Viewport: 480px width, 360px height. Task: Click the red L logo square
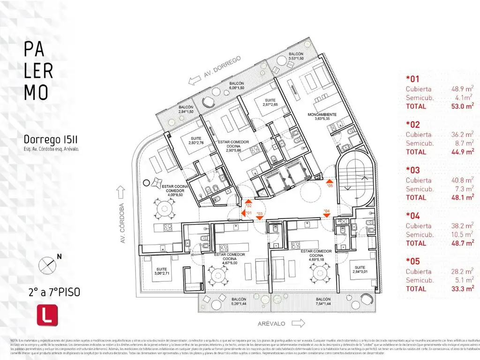coord(47,314)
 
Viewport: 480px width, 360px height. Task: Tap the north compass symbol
coord(48,264)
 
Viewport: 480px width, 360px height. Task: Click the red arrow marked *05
coord(330,181)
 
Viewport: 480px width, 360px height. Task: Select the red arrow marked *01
coord(244,213)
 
